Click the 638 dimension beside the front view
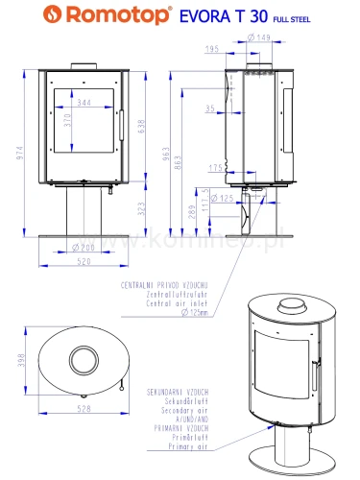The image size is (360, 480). coord(144,125)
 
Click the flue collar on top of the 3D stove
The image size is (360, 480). coord(286,306)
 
